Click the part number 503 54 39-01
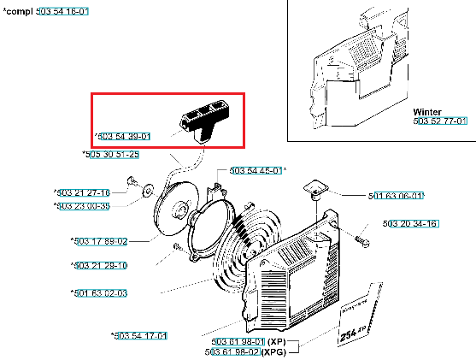tap(124, 137)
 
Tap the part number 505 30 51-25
tap(112, 154)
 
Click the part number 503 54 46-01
tap(256, 170)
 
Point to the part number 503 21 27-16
tap(83, 192)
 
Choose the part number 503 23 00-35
tap(83, 206)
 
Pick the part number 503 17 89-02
tap(101, 241)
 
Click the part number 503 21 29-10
tap(101, 266)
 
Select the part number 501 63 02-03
tap(101, 293)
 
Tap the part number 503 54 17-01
tap(140, 336)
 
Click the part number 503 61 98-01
tap(238, 342)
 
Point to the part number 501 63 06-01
tap(396, 196)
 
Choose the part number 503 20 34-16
tap(410, 224)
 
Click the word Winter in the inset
tap(427, 112)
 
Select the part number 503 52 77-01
tap(440, 121)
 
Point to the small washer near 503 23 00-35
tap(148, 191)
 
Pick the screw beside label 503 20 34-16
tap(361, 241)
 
